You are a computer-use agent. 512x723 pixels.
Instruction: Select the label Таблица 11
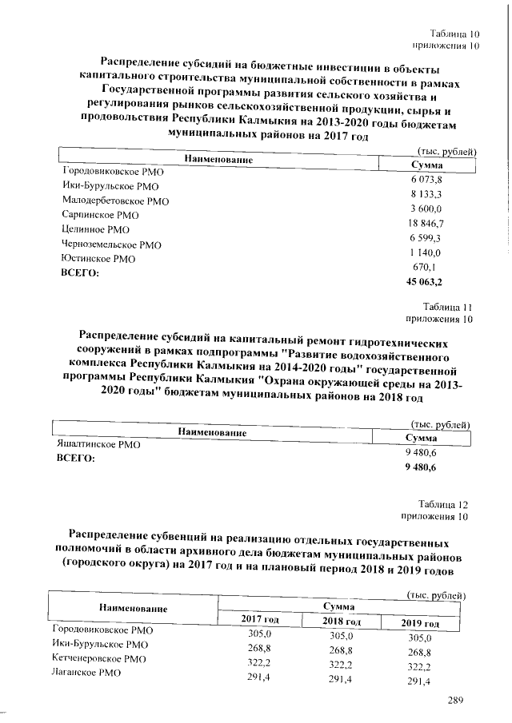(450, 307)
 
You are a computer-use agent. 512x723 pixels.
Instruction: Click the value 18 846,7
(426, 224)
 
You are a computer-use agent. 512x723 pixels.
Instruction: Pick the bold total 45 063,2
(426, 282)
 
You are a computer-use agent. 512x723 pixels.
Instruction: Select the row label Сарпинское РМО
(100, 215)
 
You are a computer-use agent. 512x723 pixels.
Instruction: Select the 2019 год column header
(420, 623)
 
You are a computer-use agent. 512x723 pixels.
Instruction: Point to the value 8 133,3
(426, 194)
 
